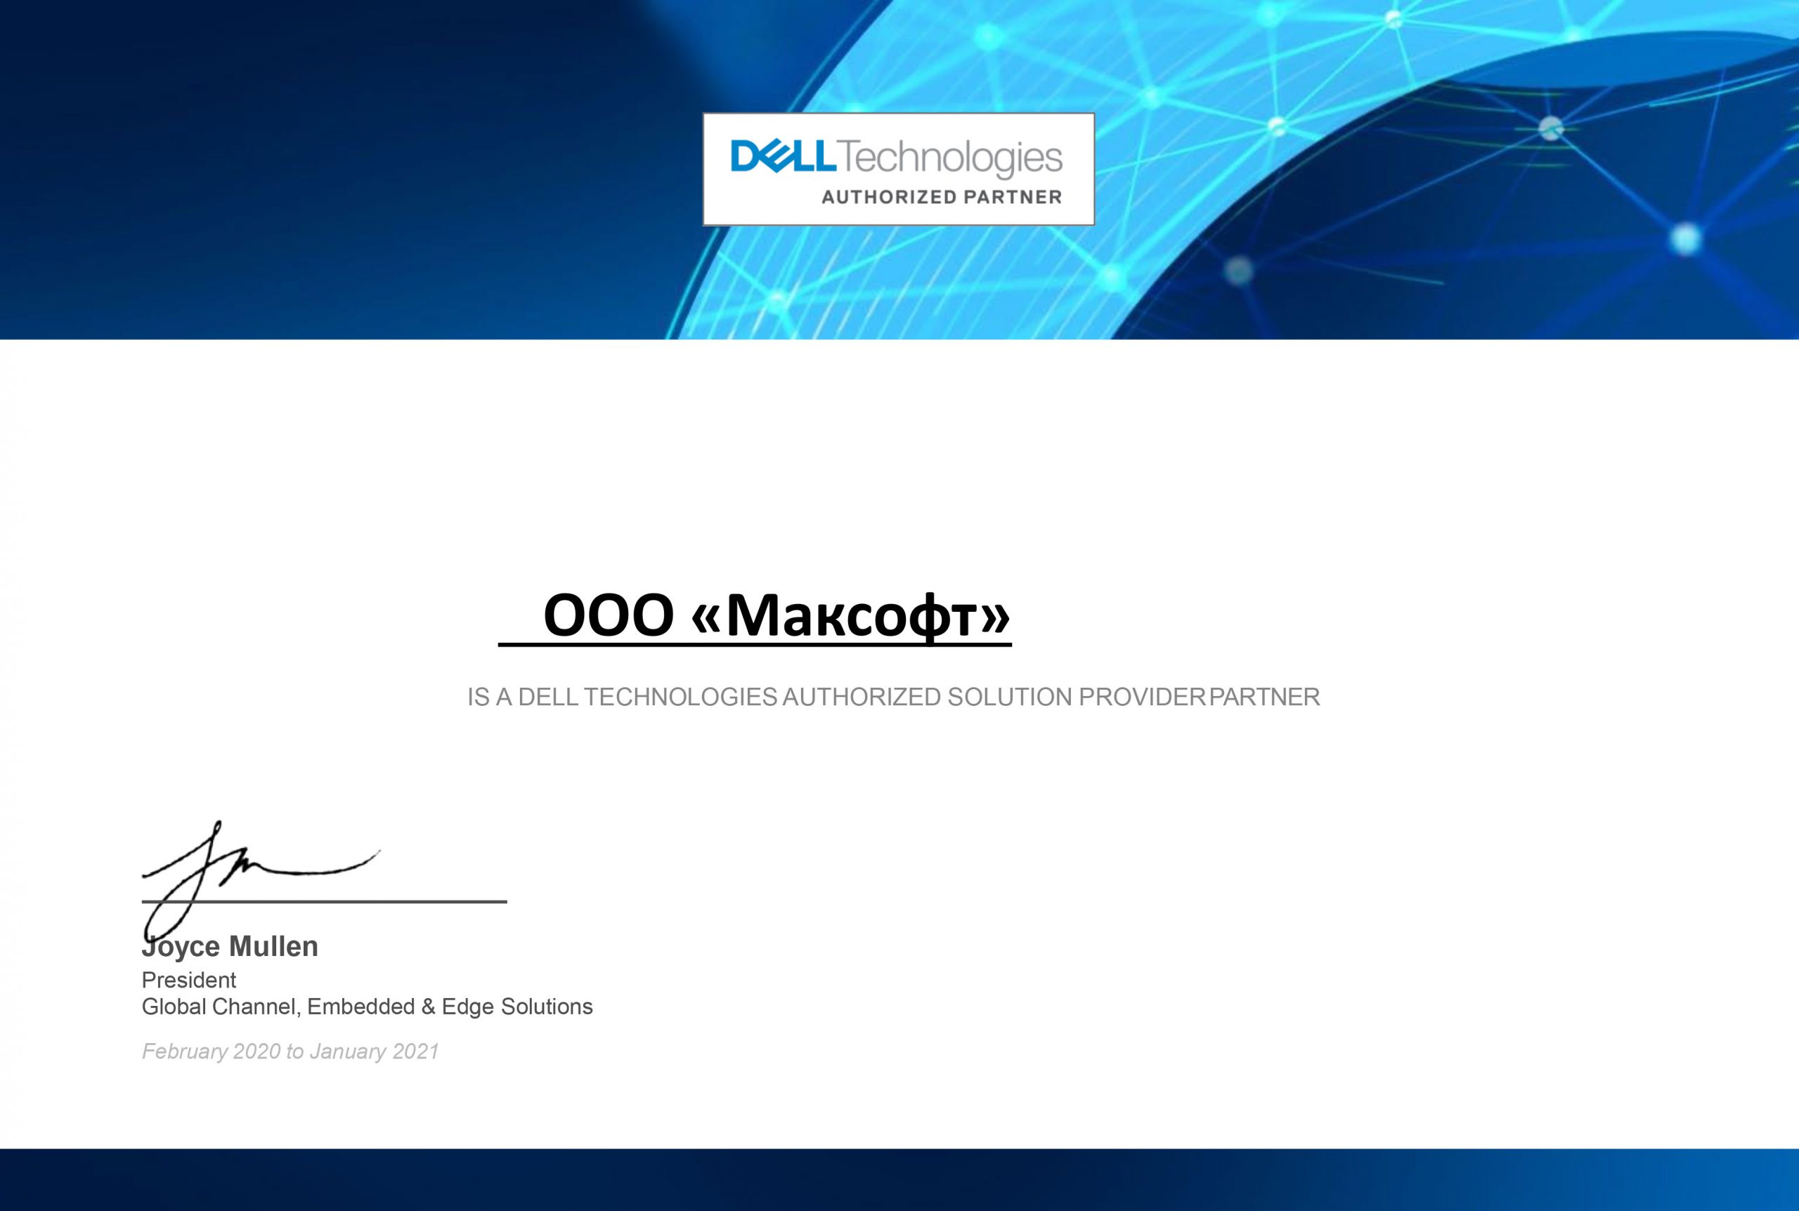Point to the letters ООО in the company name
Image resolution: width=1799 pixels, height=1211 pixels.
click(x=609, y=616)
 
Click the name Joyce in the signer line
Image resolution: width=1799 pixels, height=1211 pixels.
click(x=181, y=948)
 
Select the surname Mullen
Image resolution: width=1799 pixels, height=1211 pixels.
click(x=273, y=946)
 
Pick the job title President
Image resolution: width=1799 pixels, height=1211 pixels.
click(x=188, y=980)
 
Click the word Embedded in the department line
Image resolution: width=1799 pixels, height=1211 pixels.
click(x=361, y=1007)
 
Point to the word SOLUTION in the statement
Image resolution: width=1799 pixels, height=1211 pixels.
click(x=1010, y=698)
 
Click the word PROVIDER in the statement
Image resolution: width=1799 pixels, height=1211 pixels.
click(x=1142, y=698)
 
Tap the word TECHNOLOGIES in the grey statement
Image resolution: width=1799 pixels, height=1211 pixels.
click(x=680, y=698)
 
